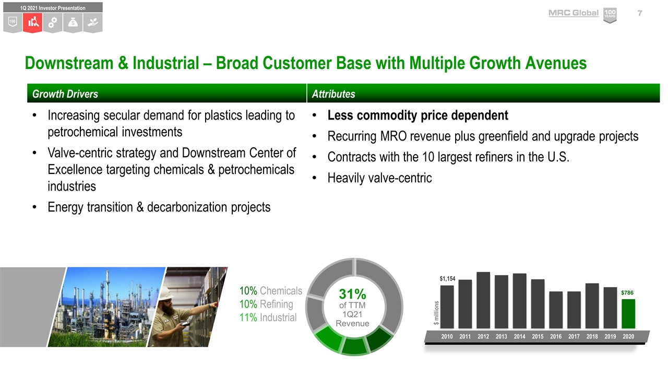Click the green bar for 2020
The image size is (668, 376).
point(628,314)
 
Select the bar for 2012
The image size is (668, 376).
point(483,300)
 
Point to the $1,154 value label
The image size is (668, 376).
point(447,279)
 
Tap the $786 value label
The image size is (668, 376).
point(627,293)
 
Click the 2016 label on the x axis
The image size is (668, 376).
point(556,337)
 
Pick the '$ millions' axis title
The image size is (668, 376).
point(437,313)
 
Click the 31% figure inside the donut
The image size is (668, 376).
point(352,294)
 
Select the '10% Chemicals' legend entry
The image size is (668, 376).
point(271,291)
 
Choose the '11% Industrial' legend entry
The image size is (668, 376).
point(268,318)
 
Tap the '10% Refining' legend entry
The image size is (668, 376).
point(266,304)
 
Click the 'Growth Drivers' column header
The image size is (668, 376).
point(65,94)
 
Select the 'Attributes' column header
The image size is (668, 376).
point(333,94)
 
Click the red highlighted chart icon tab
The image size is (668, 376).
point(33,22)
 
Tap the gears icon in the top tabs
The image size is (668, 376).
point(53,22)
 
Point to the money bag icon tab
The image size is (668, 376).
point(73,22)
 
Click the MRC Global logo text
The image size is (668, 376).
point(574,13)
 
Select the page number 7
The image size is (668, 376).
point(640,13)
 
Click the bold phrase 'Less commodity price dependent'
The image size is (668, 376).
point(418,115)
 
